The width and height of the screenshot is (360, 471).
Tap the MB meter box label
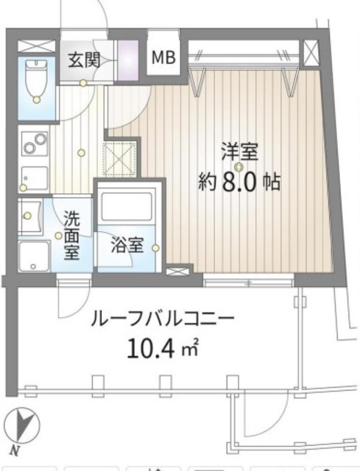pyautogui.click(x=163, y=57)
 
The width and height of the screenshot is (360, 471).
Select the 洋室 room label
pyautogui.click(x=239, y=152)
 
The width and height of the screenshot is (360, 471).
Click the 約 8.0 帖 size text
pyautogui.click(x=239, y=182)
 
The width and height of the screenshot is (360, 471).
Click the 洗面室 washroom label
pyautogui.click(x=72, y=235)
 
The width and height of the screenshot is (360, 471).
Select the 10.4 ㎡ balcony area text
pyautogui.click(x=163, y=347)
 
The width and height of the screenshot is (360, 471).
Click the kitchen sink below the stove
pyautogui.click(x=35, y=179)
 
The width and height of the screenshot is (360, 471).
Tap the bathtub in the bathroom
pyautogui.click(x=127, y=207)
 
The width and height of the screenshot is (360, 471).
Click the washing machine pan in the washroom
pyautogui.click(x=35, y=256)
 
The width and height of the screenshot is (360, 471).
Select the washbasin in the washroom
pyautogui.click(x=29, y=215)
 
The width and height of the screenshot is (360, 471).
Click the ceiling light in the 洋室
pyautogui.click(x=239, y=166)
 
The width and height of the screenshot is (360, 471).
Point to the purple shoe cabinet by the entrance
pyautogui.click(x=127, y=60)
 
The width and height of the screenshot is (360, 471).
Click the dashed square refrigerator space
pyautogui.click(x=119, y=159)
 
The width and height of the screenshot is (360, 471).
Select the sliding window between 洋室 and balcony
pyautogui.click(x=249, y=283)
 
